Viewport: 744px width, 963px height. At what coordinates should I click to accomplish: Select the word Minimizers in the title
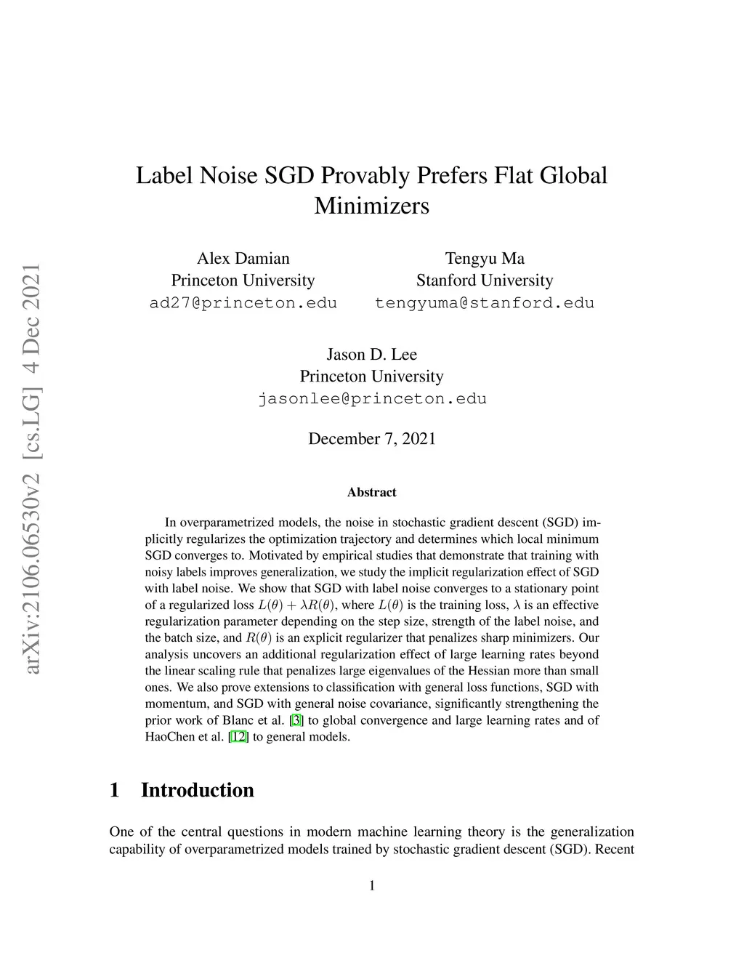pyautogui.click(x=371, y=206)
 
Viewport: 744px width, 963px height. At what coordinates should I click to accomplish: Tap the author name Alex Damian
pyautogui.click(x=243, y=259)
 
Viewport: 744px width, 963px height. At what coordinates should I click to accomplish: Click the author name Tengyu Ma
pyautogui.click(x=484, y=259)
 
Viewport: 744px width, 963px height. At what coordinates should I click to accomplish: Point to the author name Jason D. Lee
pyautogui.click(x=371, y=355)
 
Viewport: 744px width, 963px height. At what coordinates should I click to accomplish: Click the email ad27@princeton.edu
pyautogui.click(x=243, y=303)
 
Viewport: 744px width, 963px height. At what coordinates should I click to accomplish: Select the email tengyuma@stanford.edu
pyautogui.click(x=484, y=303)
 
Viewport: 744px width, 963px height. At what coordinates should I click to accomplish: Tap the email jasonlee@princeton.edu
pyautogui.click(x=371, y=399)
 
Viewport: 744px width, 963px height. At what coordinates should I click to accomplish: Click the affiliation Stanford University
pyautogui.click(x=484, y=281)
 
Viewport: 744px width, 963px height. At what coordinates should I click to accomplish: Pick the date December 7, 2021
pyautogui.click(x=371, y=439)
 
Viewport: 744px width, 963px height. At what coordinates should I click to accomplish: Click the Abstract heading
pyautogui.click(x=371, y=493)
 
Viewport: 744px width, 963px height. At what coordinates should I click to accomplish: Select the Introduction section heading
pyautogui.click(x=197, y=791)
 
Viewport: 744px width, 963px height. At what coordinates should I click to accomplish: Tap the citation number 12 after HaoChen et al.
pyautogui.click(x=238, y=737)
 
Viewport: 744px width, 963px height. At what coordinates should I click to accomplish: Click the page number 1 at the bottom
pyautogui.click(x=371, y=886)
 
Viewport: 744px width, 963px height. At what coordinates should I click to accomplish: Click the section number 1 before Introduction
pyautogui.click(x=114, y=791)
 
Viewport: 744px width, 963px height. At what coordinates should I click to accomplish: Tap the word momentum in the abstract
pyautogui.click(x=175, y=704)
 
